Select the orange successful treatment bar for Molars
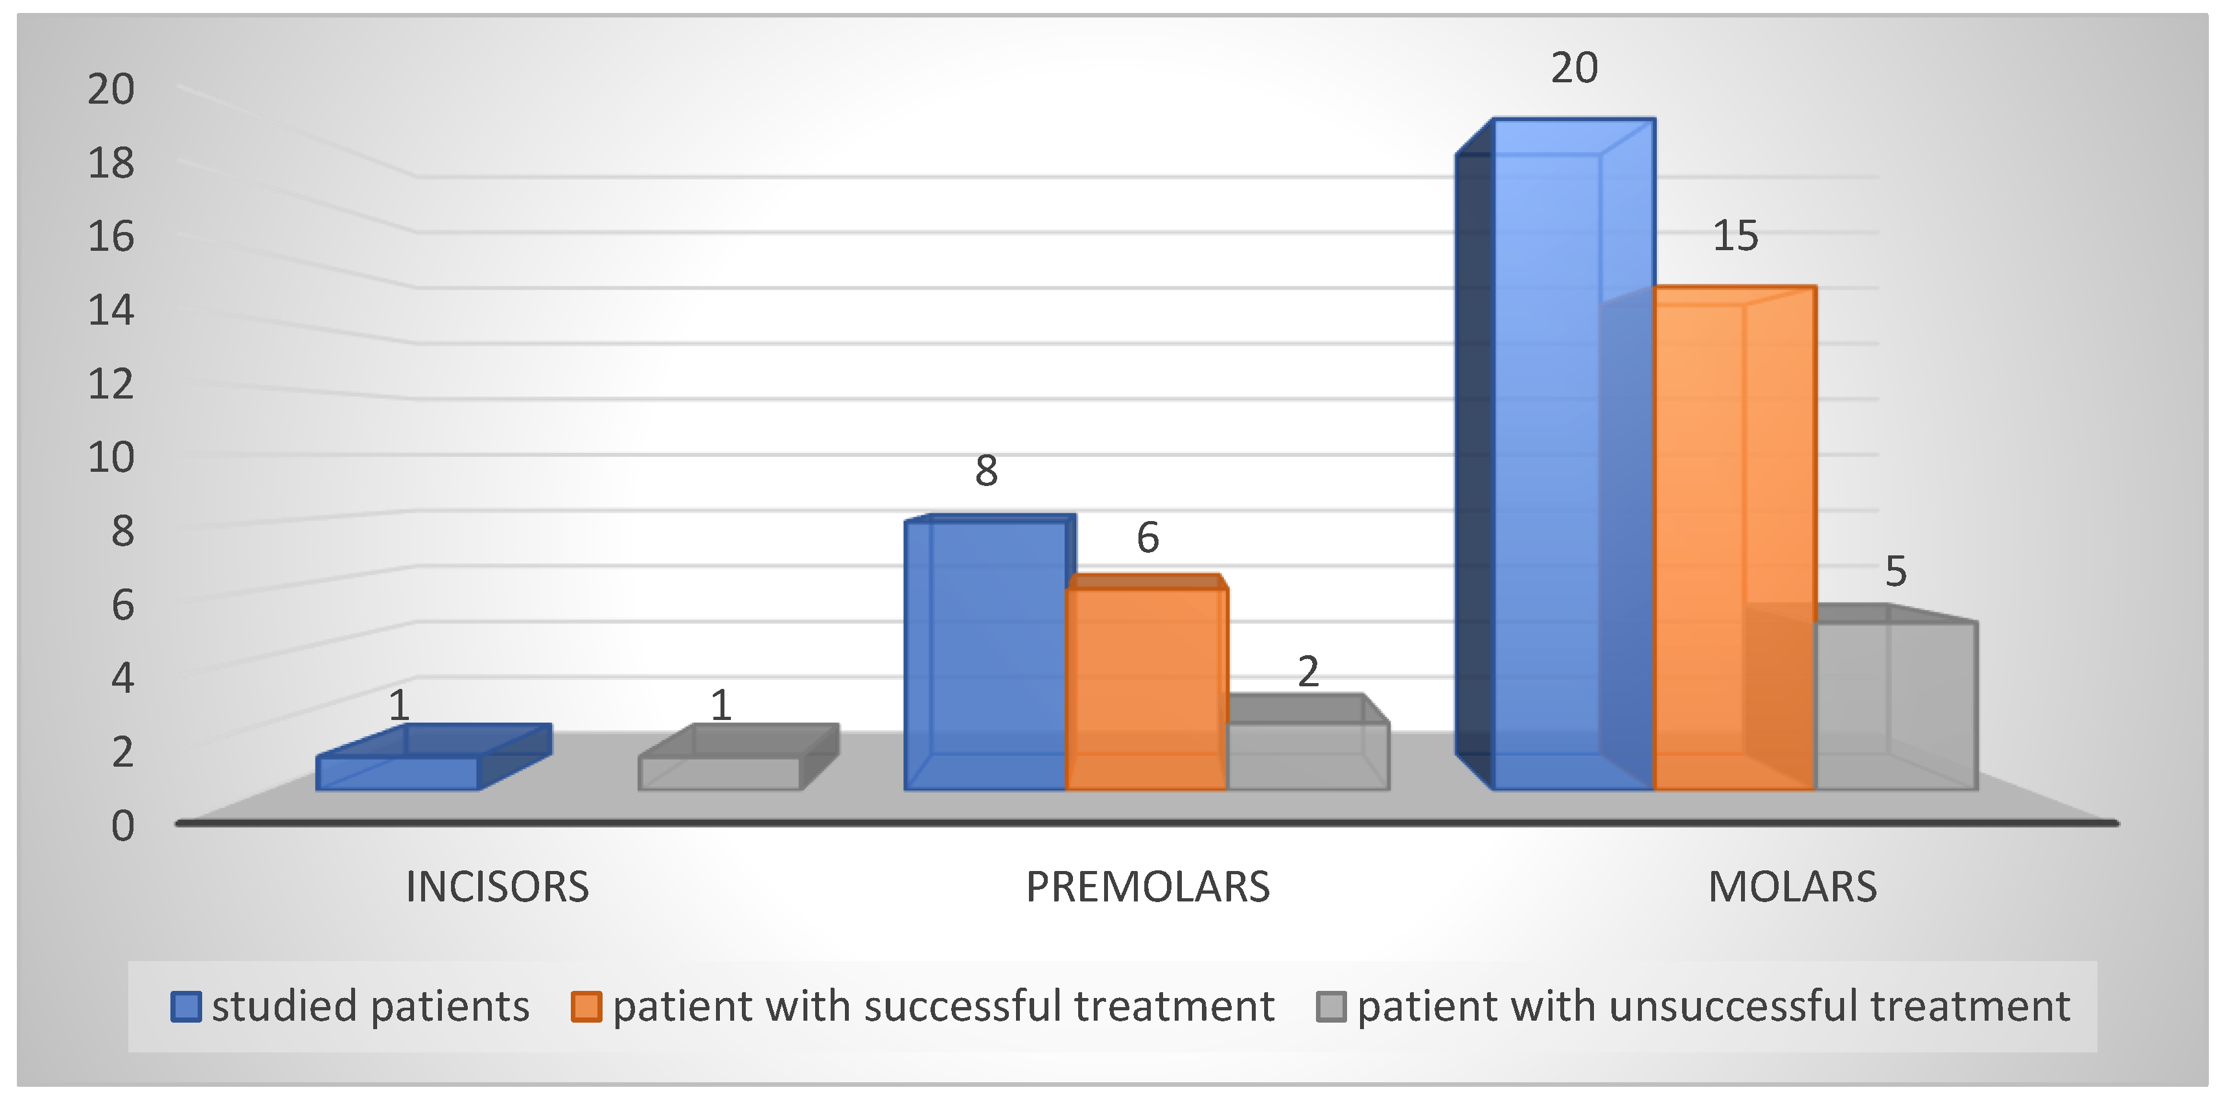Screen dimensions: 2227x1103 (x=1734, y=538)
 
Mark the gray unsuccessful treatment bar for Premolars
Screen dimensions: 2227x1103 (x=1308, y=743)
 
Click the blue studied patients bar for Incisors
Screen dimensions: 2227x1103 (x=433, y=757)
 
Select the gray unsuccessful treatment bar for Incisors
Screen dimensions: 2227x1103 (x=738, y=757)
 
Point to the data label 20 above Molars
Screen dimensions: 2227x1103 (x=1573, y=67)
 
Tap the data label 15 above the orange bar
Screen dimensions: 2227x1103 (x=1735, y=235)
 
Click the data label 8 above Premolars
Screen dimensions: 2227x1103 (x=986, y=471)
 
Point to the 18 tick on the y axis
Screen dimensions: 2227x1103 (x=111, y=163)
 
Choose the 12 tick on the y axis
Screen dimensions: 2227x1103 (x=111, y=384)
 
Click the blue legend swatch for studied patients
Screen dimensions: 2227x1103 (x=186, y=1006)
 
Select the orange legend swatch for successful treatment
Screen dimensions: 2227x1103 (x=586, y=1006)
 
